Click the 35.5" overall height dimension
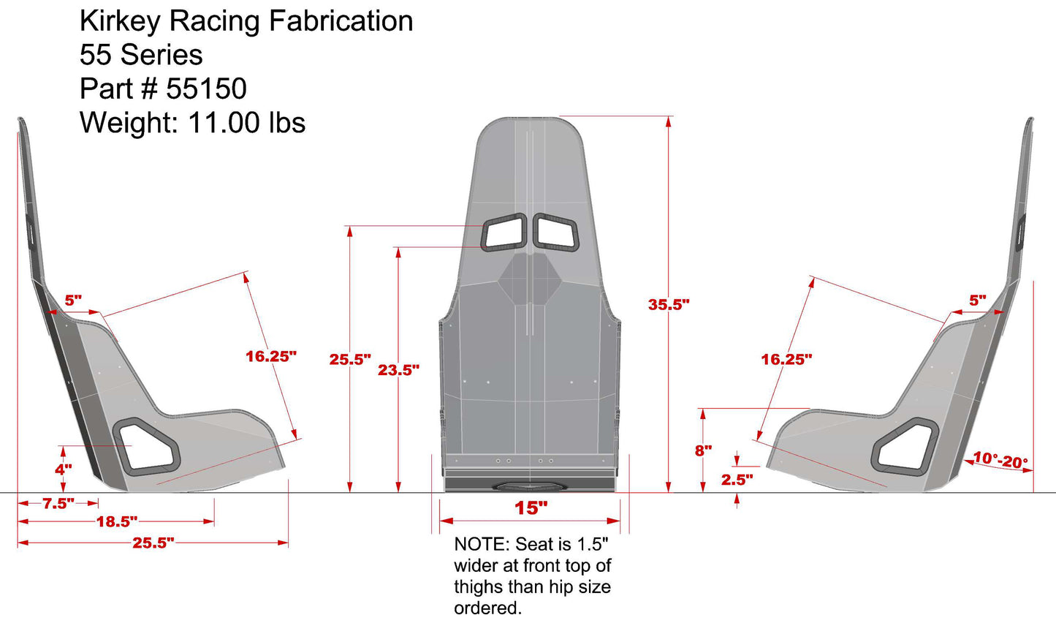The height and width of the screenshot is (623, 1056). coord(668,305)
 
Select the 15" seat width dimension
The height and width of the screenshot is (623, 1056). coord(531,508)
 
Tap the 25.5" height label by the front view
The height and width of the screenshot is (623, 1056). coord(349,360)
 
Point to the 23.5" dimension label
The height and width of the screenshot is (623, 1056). coord(398,371)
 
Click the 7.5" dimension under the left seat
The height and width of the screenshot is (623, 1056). coord(58,504)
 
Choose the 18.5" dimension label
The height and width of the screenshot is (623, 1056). coord(117,522)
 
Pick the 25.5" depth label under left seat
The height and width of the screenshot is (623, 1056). coord(153,543)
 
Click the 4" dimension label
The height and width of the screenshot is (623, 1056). coord(64,469)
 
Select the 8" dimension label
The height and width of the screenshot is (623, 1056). coord(703,450)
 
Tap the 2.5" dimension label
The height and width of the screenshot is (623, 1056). coord(737,480)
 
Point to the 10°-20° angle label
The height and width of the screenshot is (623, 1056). coord(1000,461)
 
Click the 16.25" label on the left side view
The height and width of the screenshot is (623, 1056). coord(270,357)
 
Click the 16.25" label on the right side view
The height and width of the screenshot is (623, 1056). coord(786,360)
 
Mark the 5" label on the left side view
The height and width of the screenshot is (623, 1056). coord(73,301)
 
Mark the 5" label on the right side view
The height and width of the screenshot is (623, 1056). coord(977,301)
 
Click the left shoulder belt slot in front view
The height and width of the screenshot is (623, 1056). coord(503,233)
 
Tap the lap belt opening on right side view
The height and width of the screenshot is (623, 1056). coord(906,446)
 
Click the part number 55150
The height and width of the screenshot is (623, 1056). coord(206,89)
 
